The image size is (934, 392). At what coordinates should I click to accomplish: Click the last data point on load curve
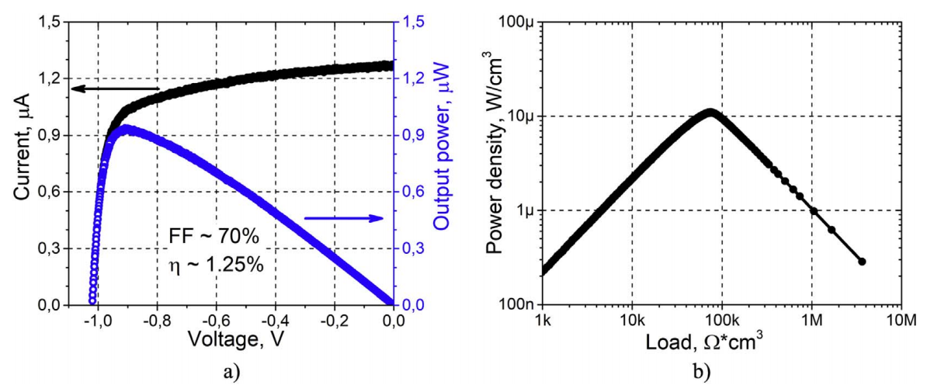(x=862, y=262)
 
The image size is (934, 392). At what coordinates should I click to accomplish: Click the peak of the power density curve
(x=710, y=113)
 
